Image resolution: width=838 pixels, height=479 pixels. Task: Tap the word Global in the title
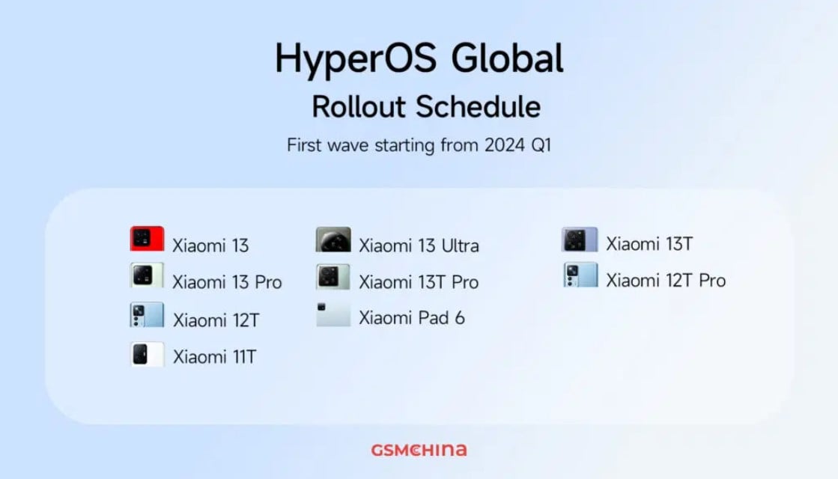(507, 58)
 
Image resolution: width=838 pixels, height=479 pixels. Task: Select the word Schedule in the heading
(479, 106)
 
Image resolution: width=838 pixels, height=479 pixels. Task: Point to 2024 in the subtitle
(505, 145)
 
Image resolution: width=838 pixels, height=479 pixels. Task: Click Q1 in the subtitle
(541, 146)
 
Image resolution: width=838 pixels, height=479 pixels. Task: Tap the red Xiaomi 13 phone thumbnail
(147, 239)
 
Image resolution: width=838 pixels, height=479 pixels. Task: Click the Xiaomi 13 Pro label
(227, 282)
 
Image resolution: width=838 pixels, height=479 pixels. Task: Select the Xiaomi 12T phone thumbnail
(147, 315)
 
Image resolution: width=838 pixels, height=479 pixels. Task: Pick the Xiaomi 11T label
(215, 357)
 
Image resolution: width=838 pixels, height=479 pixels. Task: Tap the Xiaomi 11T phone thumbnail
(147, 354)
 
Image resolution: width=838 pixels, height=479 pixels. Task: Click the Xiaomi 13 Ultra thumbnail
(333, 239)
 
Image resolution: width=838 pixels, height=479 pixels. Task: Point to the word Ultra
(460, 245)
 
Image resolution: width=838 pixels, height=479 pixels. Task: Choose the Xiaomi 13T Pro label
(419, 282)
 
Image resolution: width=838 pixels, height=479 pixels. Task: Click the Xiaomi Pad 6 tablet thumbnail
(333, 314)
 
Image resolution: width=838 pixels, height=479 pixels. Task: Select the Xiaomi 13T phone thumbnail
(580, 239)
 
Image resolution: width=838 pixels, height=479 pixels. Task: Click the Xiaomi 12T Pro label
(666, 281)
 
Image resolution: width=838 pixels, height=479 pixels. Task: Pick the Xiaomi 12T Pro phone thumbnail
(580, 275)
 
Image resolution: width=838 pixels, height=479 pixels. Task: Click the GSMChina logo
(419, 450)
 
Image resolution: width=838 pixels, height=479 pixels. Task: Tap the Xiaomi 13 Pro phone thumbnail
(147, 275)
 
